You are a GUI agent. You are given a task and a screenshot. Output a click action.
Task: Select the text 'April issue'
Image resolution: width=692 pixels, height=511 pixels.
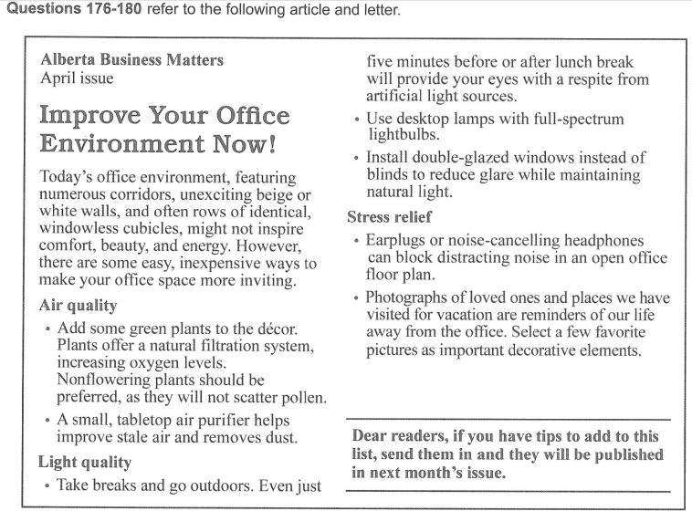tap(78, 78)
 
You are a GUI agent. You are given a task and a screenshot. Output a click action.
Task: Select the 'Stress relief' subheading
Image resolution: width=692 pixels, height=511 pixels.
tap(390, 217)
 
